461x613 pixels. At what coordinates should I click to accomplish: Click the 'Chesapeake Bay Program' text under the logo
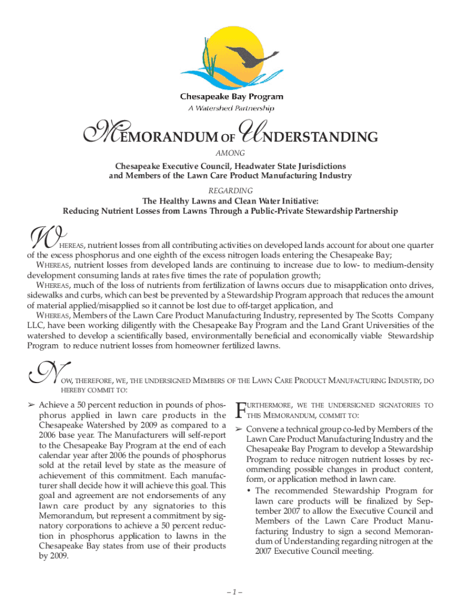click(x=232, y=97)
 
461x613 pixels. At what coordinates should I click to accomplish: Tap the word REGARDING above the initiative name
click(x=230, y=190)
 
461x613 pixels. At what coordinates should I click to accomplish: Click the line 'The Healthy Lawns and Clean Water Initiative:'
click(x=230, y=201)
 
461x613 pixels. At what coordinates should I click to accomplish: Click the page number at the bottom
click(x=230, y=593)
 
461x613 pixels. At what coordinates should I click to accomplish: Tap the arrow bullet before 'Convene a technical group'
click(x=238, y=429)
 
